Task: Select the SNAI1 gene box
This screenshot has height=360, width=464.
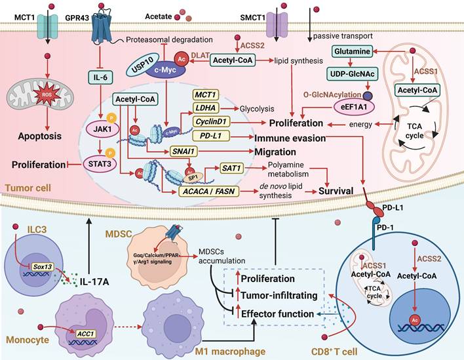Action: (197, 151)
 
